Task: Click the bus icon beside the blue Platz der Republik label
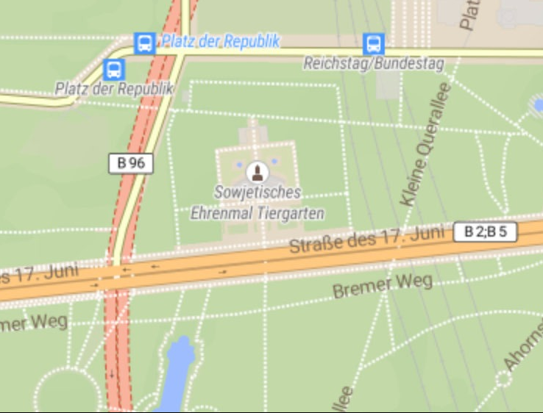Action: click(x=144, y=43)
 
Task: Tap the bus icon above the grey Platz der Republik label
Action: click(x=114, y=70)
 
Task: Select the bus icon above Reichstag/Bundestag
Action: click(x=374, y=43)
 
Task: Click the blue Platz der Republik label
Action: click(x=220, y=41)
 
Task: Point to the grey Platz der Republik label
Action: click(x=114, y=89)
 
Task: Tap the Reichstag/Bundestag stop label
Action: click(x=374, y=63)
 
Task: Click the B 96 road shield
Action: click(x=131, y=163)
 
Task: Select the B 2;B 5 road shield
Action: click(x=486, y=232)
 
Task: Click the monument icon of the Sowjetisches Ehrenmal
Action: click(x=257, y=173)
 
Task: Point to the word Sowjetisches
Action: click(x=258, y=193)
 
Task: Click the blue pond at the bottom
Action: click(x=175, y=375)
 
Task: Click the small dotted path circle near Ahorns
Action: click(x=503, y=379)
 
